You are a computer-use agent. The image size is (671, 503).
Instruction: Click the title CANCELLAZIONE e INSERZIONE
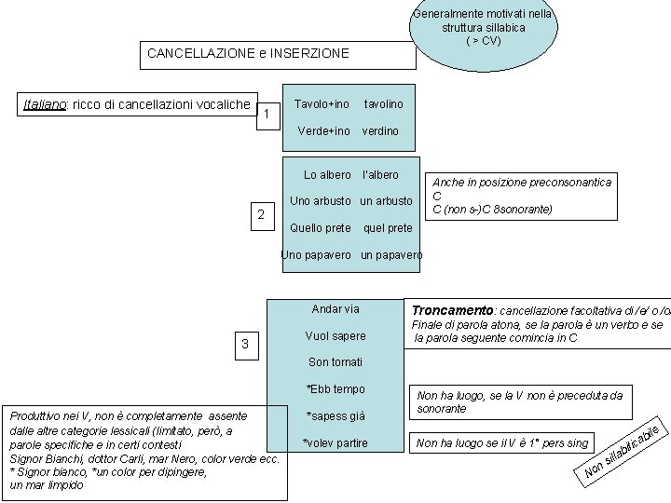(248, 54)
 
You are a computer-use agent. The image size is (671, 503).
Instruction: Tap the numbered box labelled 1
(267, 115)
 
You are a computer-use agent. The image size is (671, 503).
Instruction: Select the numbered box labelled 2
(262, 216)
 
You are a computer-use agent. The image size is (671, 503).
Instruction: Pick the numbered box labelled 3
(245, 346)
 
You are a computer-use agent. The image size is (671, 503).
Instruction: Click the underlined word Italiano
(44, 103)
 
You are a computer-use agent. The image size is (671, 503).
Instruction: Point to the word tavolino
(383, 104)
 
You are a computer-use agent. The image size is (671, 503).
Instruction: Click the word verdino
(380, 131)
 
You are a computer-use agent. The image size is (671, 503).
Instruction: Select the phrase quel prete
(388, 228)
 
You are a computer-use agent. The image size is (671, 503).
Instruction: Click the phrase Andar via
(335, 309)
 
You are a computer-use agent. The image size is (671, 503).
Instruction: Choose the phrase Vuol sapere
(335, 336)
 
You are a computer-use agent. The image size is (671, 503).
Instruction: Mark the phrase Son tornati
(335, 362)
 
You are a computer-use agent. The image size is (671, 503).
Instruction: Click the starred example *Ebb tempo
(335, 389)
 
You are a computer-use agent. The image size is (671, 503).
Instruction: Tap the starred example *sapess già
(335, 416)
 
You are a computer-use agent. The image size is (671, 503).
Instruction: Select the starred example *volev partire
(335, 443)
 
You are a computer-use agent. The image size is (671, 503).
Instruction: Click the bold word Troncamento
(453, 310)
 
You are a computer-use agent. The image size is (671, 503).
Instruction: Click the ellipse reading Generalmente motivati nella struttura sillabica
(483, 28)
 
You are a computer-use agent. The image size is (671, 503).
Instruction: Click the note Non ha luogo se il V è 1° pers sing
(503, 443)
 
